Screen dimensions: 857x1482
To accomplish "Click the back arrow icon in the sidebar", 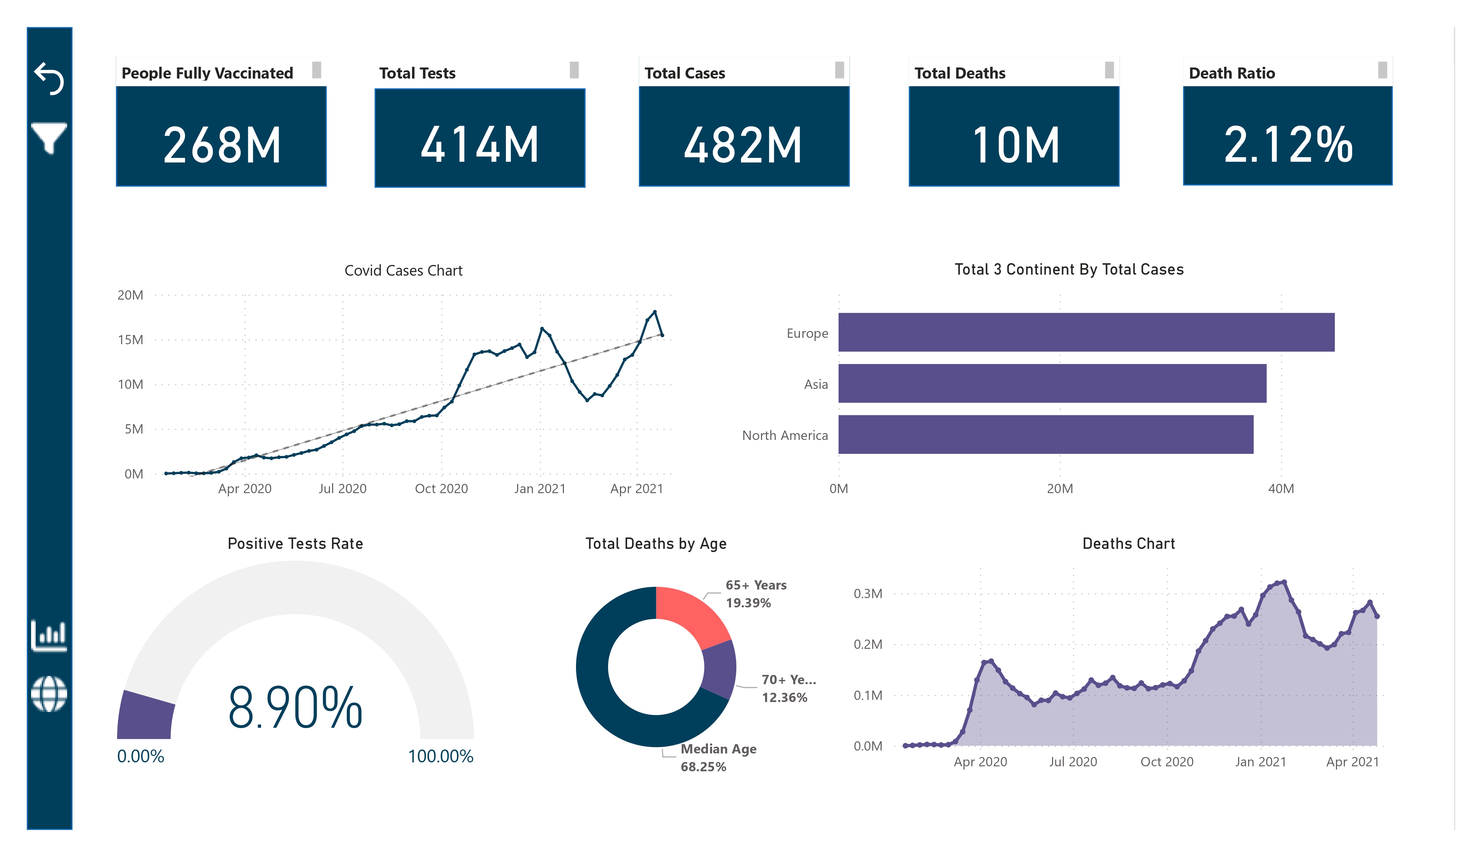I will pyautogui.click(x=49, y=78).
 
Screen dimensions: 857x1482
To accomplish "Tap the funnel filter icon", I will pyautogui.click(x=49, y=137).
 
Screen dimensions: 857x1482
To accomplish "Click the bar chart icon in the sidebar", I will pyautogui.click(x=49, y=635).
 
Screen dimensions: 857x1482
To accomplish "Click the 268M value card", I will pyautogui.click(x=221, y=145).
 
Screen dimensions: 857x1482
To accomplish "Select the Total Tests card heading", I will pyautogui.click(x=417, y=73).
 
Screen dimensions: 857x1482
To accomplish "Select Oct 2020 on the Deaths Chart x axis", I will pyautogui.click(x=1166, y=762).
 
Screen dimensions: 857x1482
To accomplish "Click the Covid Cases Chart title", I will pyautogui.click(x=404, y=271).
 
